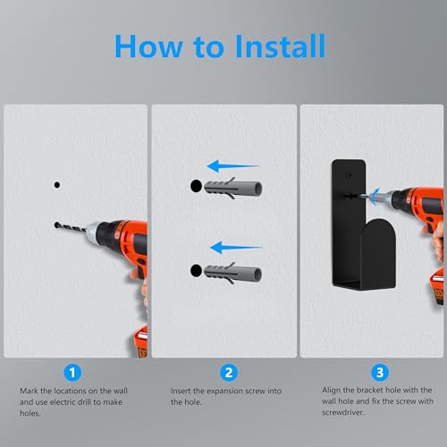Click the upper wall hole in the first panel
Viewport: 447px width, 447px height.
click(55, 183)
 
